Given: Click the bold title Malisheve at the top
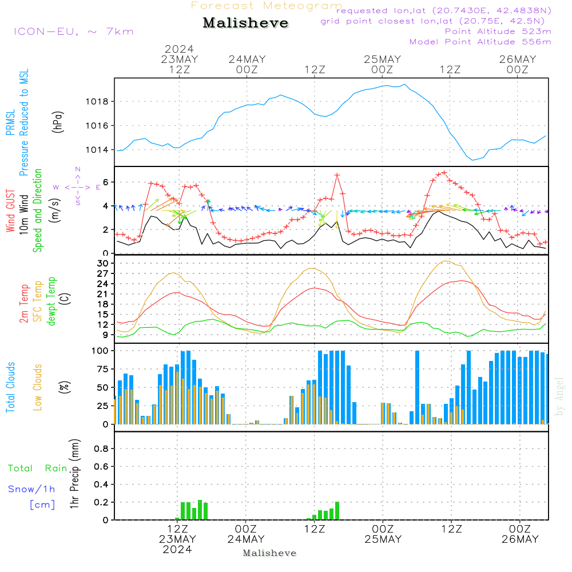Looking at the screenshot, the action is (x=245, y=23).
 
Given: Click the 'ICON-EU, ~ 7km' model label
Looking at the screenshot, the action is (x=74, y=31).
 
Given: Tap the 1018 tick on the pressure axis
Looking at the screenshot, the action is (x=97, y=101).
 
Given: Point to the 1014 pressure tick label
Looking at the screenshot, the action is (x=97, y=149).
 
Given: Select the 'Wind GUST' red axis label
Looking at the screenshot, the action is (x=10, y=210).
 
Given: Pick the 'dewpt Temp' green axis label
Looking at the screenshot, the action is (x=51, y=301).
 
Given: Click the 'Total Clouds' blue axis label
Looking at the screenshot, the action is (x=10, y=387).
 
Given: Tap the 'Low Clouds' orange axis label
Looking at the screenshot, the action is (x=38, y=387).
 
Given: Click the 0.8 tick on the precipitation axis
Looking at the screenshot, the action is (x=101, y=448).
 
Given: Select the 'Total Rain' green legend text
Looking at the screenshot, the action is (x=38, y=468).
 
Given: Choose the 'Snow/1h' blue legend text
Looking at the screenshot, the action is (x=31, y=489).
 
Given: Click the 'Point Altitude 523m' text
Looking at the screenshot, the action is (x=498, y=31).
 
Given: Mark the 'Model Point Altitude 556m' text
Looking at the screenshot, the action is (x=480, y=42).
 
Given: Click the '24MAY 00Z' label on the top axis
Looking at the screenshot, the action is (x=247, y=64).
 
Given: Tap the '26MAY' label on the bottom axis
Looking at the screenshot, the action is (x=520, y=539).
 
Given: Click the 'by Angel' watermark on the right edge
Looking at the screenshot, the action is (x=559, y=396).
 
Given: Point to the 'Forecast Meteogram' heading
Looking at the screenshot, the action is (x=267, y=6).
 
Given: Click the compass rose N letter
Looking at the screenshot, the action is (x=78, y=169).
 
